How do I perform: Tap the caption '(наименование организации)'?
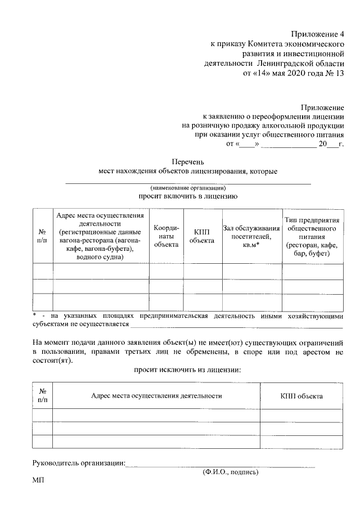coord(188,187)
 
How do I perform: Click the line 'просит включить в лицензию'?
coord(188,196)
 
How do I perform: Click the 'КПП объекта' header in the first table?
coord(202,236)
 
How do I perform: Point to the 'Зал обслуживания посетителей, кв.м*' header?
coord(251,236)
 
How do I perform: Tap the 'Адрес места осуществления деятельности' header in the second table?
coord(156,396)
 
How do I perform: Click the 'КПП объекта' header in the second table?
coord(301,396)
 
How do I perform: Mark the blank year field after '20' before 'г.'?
coord(332,145)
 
